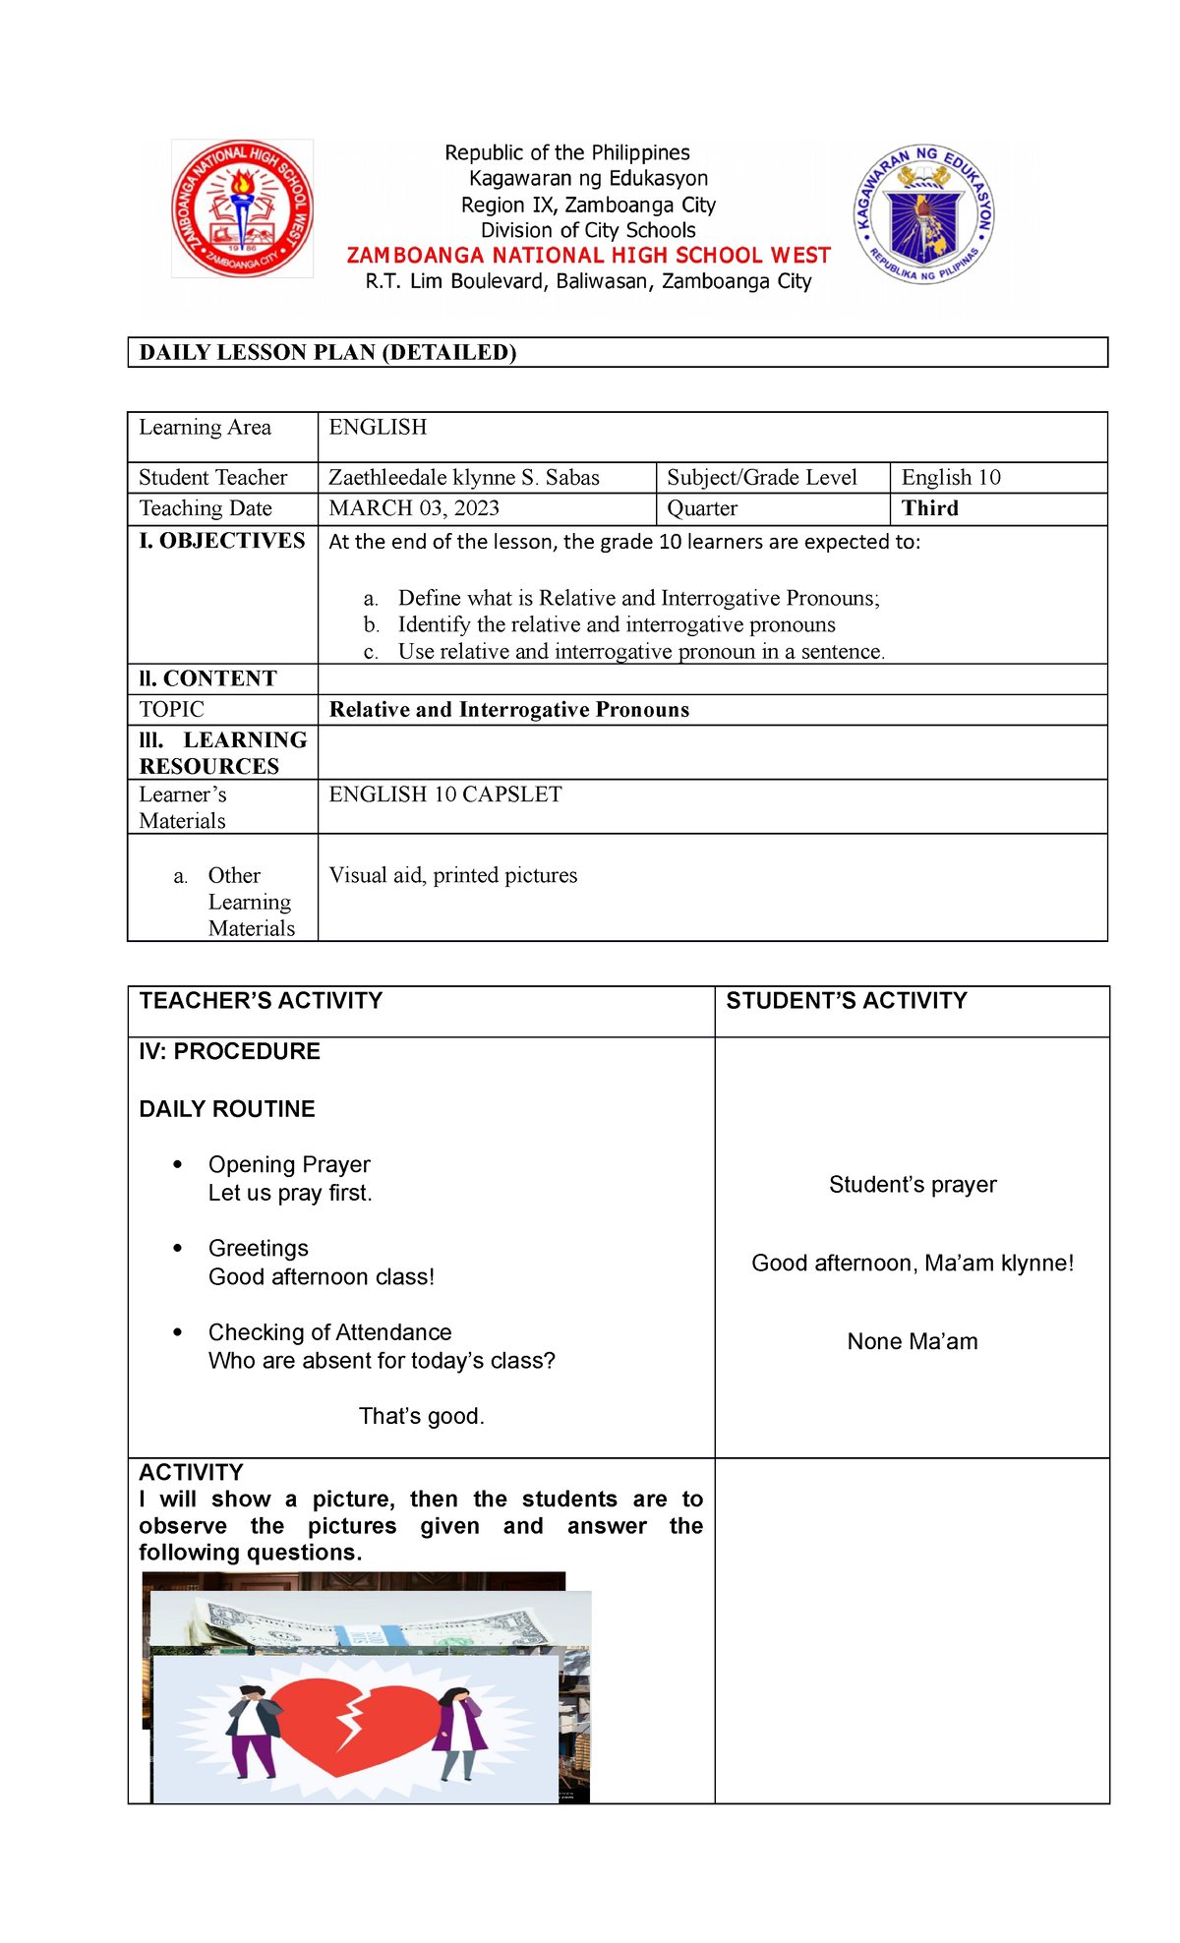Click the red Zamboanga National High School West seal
click(x=242, y=208)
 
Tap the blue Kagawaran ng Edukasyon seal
click(x=923, y=215)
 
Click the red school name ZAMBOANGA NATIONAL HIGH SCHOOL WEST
click(x=588, y=256)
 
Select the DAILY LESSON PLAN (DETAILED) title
click(x=327, y=353)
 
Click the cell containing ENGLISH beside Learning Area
click(x=378, y=428)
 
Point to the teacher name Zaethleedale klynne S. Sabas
click(x=463, y=478)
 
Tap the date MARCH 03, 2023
click(x=414, y=508)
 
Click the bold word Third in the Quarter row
click(x=929, y=508)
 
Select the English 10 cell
click(x=950, y=478)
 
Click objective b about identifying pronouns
click(x=616, y=625)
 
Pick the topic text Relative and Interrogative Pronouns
click(x=508, y=710)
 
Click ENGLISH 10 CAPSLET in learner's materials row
click(x=444, y=795)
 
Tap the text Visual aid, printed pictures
click(x=452, y=875)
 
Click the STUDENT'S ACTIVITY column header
click(x=846, y=1001)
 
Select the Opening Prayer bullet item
click(x=289, y=1165)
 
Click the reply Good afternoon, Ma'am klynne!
click(x=912, y=1264)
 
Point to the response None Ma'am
click(x=912, y=1342)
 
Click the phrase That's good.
click(x=421, y=1417)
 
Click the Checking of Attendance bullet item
click(x=329, y=1333)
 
